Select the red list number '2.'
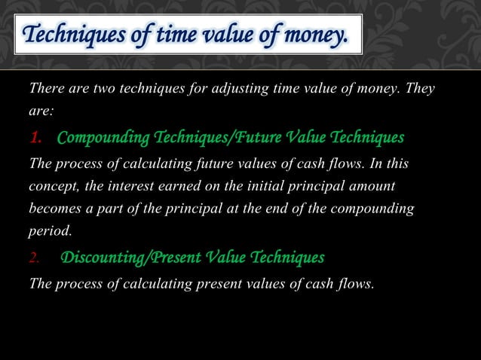pyautogui.click(x=35, y=258)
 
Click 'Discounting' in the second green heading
pyautogui.click(x=104, y=258)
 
